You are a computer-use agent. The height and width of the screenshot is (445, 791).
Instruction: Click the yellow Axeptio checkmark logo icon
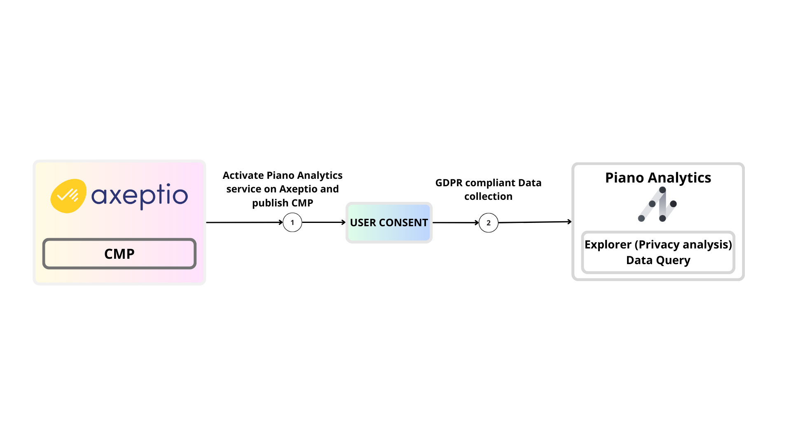coord(68,196)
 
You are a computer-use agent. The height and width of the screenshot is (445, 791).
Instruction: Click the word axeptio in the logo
coord(139,196)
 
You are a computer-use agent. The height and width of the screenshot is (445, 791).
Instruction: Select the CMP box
coord(119,254)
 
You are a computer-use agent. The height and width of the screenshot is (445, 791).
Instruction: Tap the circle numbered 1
coord(293,222)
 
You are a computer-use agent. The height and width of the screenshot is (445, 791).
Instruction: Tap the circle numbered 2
coord(489,223)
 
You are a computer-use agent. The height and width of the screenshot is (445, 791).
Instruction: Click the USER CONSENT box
coord(389,222)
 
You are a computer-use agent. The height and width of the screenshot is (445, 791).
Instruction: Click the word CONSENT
coord(403,222)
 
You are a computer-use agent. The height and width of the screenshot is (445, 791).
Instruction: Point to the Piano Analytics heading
coord(658,178)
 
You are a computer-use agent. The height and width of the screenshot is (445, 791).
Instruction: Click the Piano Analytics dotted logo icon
coord(658,204)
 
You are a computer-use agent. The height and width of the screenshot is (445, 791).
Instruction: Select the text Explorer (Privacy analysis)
coord(658,244)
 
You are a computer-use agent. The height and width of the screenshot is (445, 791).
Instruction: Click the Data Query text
coord(658,260)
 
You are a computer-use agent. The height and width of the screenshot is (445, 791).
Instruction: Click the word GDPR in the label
coord(449,183)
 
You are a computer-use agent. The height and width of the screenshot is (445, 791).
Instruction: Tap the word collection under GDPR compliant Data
coord(488,197)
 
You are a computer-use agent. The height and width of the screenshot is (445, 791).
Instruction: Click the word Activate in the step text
coord(243,176)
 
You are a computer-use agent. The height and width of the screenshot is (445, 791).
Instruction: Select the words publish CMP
coord(283,203)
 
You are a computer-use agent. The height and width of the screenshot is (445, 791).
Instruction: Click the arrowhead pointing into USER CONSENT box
coord(343,222)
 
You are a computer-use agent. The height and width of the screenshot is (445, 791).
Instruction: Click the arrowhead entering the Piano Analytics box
coord(569,222)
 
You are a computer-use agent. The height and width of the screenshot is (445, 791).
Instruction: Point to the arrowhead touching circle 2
coord(477,223)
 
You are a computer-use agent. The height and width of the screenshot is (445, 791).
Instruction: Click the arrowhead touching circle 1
coord(281,222)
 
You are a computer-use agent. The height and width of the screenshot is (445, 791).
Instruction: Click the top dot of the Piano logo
coord(662,190)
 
